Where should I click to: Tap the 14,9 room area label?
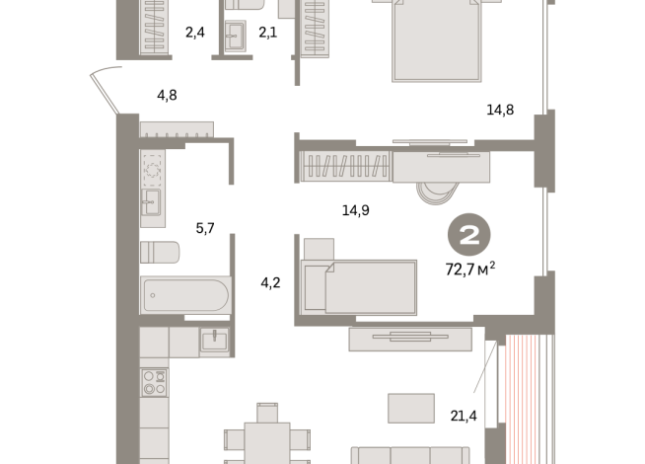[354, 209]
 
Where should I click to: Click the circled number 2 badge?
[468, 236]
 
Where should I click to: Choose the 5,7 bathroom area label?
[205, 228]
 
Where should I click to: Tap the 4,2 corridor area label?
[271, 284]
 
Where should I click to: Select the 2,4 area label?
[194, 32]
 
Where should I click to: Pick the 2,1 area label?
[268, 32]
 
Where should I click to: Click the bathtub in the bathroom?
[184, 293]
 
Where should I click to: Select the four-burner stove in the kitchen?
[154, 382]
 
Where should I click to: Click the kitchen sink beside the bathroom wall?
[213, 341]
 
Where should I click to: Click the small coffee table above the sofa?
[410, 407]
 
